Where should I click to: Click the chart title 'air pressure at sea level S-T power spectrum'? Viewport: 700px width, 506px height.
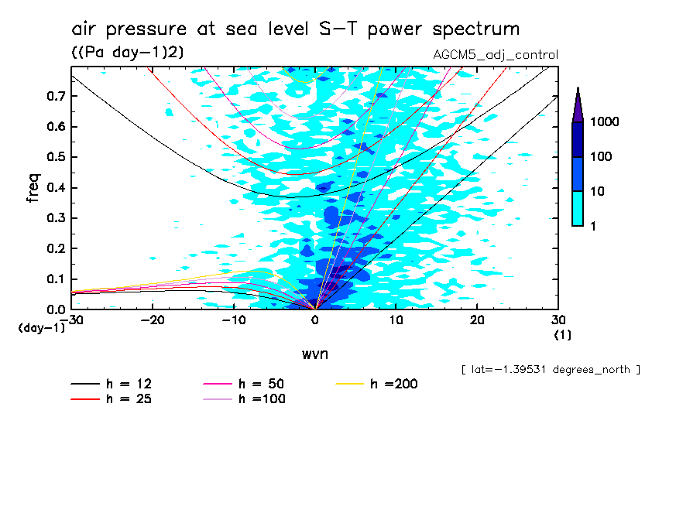click(x=295, y=29)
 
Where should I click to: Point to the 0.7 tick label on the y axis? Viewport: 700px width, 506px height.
click(x=54, y=96)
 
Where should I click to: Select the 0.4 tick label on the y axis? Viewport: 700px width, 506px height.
click(x=54, y=188)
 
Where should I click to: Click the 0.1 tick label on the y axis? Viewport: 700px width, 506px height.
click(x=54, y=279)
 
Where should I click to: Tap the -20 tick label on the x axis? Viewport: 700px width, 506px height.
click(x=153, y=320)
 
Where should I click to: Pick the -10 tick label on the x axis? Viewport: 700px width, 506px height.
click(x=234, y=320)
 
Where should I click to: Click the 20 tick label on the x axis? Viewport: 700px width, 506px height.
click(x=477, y=320)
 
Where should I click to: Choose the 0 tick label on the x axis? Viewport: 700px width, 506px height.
click(x=315, y=320)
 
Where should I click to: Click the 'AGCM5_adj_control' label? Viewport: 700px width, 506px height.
click(x=496, y=55)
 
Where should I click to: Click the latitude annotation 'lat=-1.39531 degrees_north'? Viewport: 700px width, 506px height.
click(x=551, y=369)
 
